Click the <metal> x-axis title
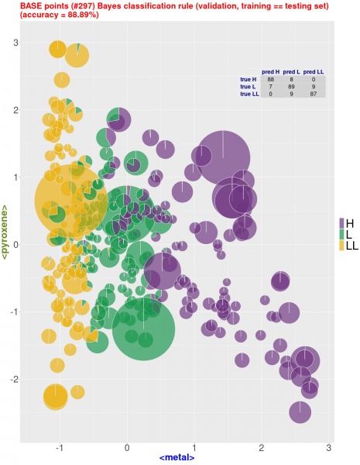tap(177, 458)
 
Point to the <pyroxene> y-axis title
tap(7, 230)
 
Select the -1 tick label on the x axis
tap(60, 448)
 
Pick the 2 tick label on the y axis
tap(17, 110)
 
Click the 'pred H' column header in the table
tap(271, 72)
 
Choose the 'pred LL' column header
tap(314, 72)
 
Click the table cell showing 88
tap(271, 80)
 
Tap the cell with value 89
tap(292, 87)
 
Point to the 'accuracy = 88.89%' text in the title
tap(50, 15)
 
